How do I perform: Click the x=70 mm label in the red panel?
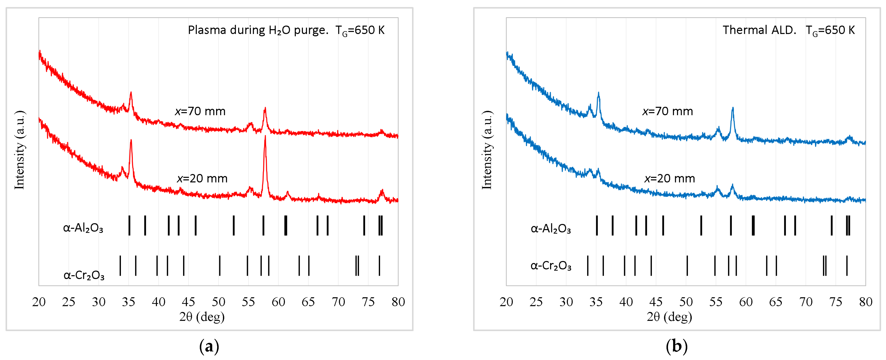(x=200, y=111)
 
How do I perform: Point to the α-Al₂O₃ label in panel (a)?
(x=83, y=228)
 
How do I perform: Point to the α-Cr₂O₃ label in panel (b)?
(x=551, y=266)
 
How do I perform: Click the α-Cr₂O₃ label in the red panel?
(x=84, y=275)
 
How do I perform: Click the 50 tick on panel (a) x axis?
(x=218, y=302)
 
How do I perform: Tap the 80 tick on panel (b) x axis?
(x=866, y=302)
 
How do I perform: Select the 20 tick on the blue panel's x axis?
(x=506, y=302)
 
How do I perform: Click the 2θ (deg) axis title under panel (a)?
(x=202, y=317)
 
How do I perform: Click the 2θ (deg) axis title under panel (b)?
(x=669, y=317)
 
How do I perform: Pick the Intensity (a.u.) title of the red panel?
(x=20, y=150)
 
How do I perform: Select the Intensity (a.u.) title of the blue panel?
(x=487, y=150)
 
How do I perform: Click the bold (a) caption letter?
(x=209, y=346)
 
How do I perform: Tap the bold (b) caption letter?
(x=677, y=346)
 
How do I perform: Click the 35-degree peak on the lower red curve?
(x=131, y=141)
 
